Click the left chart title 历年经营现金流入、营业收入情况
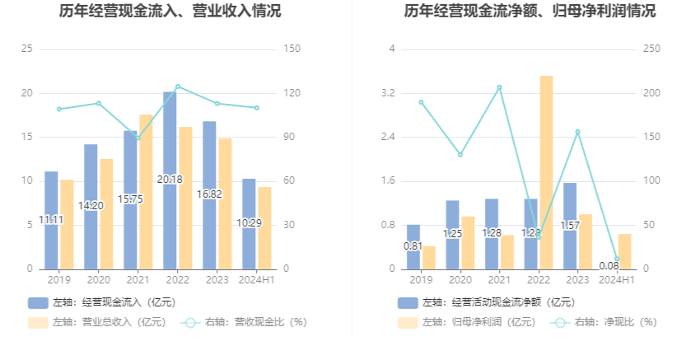pyautogui.click(x=170, y=12)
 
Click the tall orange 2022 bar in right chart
pyautogui.click(x=546, y=172)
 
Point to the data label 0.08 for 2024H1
pyautogui.click(x=609, y=265)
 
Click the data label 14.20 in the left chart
pyautogui.click(x=91, y=205)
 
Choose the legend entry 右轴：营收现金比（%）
pyautogui.click(x=243, y=322)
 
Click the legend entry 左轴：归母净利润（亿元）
pyautogui.click(x=465, y=322)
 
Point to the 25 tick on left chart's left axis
pyautogui.click(x=27, y=49)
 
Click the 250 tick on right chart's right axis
pyautogui.click(x=651, y=49)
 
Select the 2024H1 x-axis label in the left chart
pyautogui.click(x=256, y=280)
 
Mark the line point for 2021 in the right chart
pyautogui.click(x=499, y=87)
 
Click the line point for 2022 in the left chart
pyautogui.click(x=178, y=86)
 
